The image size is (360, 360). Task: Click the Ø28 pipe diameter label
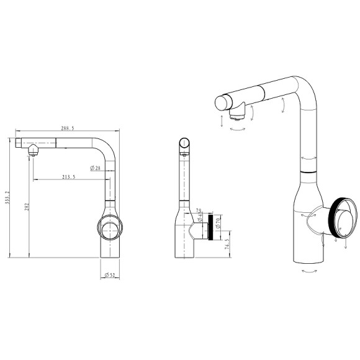point(96,168)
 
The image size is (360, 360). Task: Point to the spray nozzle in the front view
point(32,150)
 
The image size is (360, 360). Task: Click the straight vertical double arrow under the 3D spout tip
point(222,120)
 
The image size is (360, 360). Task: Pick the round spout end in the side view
point(184,144)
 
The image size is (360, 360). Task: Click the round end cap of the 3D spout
point(222,102)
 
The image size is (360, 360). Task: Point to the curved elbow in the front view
point(106,149)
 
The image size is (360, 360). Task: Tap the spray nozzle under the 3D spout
point(235,114)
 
